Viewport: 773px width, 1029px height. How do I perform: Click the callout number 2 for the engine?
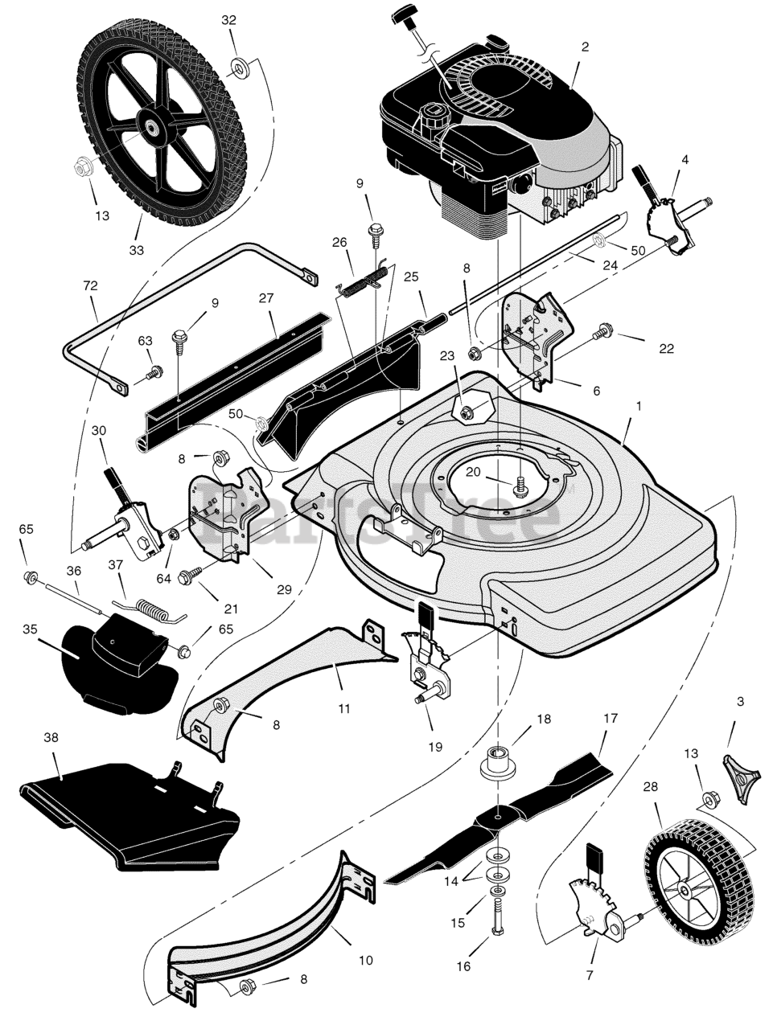click(585, 47)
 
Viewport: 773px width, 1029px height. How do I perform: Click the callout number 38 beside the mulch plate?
click(51, 737)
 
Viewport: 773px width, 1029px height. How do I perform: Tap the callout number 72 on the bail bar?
click(90, 286)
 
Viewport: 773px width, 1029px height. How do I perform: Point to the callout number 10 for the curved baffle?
click(366, 960)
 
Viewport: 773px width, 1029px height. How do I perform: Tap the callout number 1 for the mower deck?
click(639, 407)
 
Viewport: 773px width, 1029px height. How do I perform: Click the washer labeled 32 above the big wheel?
click(239, 68)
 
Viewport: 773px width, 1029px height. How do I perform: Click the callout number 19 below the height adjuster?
click(435, 745)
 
